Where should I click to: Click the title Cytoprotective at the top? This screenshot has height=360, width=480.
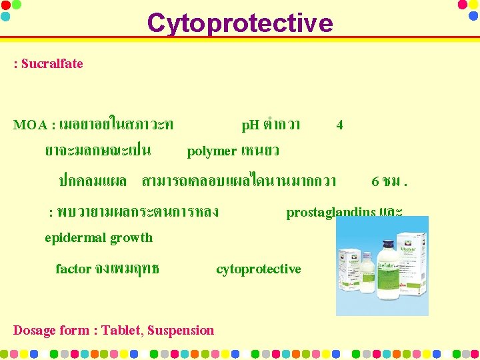tap(239, 23)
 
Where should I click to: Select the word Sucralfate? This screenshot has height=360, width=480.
tap(52, 64)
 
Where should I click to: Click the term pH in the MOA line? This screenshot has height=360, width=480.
tap(251, 125)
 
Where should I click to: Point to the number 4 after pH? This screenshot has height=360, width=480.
tap(340, 125)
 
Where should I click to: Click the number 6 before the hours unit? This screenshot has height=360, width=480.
tap(375, 181)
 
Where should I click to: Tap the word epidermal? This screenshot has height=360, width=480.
tap(71, 238)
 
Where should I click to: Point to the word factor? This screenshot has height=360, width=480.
tap(73, 269)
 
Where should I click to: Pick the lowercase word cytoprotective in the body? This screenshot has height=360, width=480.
tap(259, 269)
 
